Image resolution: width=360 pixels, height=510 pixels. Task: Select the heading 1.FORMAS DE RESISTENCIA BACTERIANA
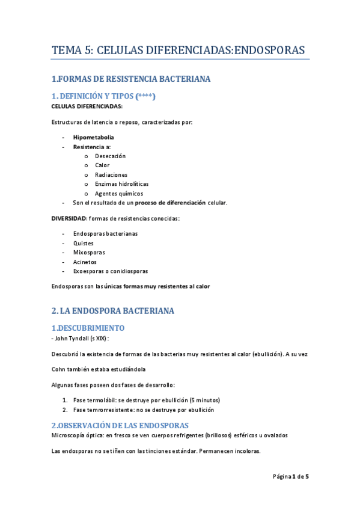(x=131, y=79)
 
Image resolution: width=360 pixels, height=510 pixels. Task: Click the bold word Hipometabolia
(x=93, y=137)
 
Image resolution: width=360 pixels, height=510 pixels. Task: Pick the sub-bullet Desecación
(x=111, y=156)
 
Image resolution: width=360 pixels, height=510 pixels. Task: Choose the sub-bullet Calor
(x=102, y=165)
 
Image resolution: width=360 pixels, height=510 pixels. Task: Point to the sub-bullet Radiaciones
(x=111, y=174)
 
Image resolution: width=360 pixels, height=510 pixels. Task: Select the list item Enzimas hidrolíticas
(x=121, y=184)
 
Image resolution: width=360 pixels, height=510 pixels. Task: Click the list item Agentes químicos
(x=119, y=194)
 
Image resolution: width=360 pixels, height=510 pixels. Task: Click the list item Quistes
(x=83, y=243)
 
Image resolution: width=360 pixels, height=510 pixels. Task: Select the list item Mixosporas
(x=88, y=253)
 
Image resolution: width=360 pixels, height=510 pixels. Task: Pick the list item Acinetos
(x=85, y=262)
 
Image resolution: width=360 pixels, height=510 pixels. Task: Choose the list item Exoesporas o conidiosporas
(x=110, y=271)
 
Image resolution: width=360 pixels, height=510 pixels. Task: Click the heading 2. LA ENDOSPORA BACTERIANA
(x=113, y=311)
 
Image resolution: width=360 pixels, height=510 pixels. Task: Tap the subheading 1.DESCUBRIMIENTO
(x=88, y=328)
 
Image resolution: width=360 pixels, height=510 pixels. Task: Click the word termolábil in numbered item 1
(x=103, y=400)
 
